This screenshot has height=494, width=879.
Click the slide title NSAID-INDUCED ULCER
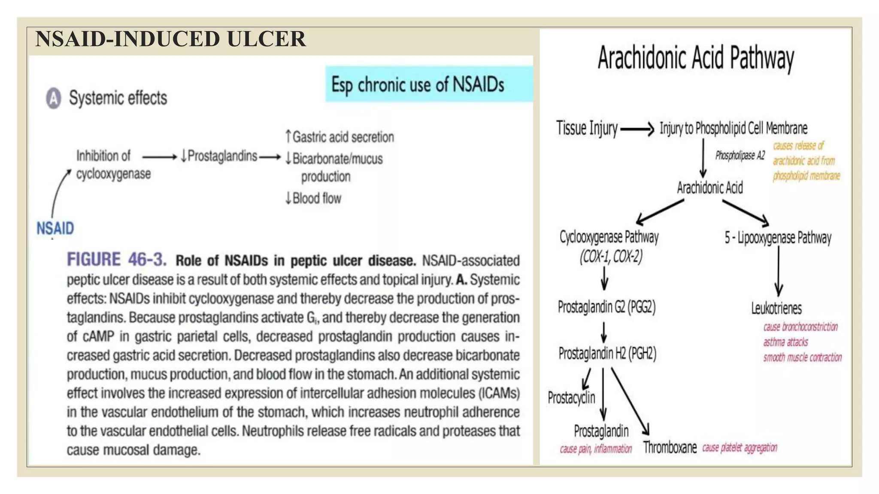coord(170,39)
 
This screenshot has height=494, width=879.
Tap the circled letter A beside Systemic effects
coord(54,98)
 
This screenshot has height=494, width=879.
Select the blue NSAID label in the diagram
coord(55,228)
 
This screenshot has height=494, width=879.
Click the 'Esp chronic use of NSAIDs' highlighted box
coord(429,84)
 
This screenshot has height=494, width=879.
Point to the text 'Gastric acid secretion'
coord(343,137)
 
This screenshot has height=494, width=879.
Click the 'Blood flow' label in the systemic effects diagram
coord(317,199)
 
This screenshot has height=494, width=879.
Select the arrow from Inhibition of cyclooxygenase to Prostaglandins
coord(159,157)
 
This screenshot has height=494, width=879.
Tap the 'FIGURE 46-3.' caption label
coord(116,260)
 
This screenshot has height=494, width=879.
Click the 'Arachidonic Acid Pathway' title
coord(696,58)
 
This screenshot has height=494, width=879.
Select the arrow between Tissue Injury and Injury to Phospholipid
coord(637,129)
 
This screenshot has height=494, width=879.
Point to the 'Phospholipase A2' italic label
coord(740,156)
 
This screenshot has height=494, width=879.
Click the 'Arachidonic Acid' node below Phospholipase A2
coord(710,188)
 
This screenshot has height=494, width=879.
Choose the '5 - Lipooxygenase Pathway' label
coord(778,238)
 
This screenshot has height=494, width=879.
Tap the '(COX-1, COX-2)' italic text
coord(611,257)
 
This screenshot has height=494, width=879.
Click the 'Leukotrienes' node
coord(776,308)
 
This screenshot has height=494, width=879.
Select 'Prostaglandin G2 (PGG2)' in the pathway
coord(606,307)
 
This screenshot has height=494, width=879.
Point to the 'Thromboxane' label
coord(670,448)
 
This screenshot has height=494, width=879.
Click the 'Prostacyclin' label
coord(571,398)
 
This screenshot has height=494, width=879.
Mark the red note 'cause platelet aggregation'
coord(740,448)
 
